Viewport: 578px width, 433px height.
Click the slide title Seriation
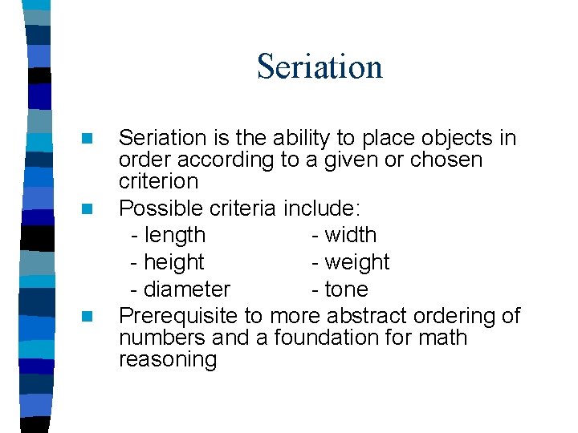[320, 67]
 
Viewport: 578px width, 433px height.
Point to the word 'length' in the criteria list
[174, 236]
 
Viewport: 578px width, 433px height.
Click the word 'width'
[349, 236]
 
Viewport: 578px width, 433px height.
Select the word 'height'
[173, 263]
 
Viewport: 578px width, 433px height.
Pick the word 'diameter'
[186, 289]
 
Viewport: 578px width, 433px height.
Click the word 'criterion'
[157, 181]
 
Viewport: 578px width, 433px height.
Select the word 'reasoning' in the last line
[167, 360]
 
